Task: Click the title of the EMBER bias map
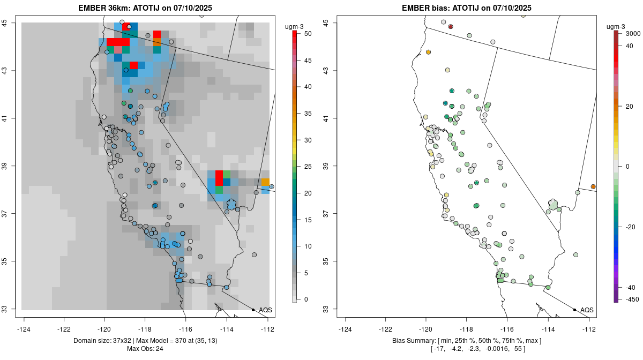point(466,8)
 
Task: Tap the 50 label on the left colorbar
point(308,34)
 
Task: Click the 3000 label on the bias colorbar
point(633,34)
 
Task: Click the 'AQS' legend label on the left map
point(266,310)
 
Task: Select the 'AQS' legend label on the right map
point(587,310)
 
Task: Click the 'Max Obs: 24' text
point(145,349)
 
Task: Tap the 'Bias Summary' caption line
point(466,341)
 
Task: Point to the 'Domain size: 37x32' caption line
point(145,341)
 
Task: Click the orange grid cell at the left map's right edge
point(265,183)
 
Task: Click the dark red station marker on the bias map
point(451,27)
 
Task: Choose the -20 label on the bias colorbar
point(631,227)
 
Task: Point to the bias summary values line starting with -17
point(466,349)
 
